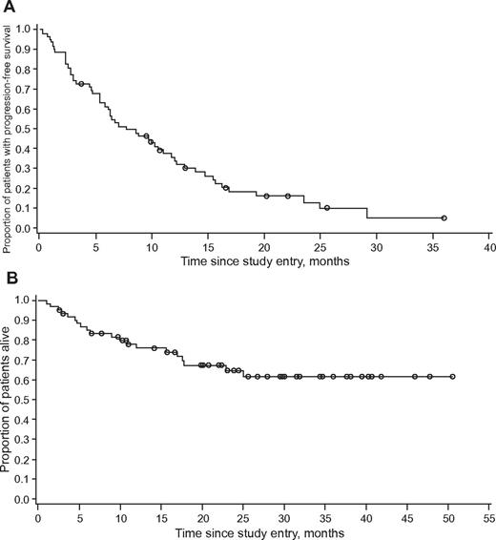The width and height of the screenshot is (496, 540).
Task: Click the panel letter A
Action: [x=8, y=8]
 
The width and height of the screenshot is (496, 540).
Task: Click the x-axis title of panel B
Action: [x=262, y=531]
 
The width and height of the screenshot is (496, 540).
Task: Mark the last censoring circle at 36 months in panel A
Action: [x=444, y=218]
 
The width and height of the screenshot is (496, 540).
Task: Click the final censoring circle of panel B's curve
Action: [x=452, y=377]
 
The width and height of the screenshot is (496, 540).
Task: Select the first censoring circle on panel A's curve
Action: [x=81, y=84]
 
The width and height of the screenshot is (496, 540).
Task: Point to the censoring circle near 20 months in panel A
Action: [x=266, y=196]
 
